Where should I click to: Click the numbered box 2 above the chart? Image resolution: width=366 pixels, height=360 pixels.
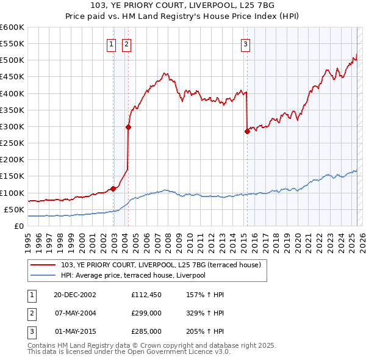126,43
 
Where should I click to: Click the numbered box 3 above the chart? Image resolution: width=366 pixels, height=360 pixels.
245,43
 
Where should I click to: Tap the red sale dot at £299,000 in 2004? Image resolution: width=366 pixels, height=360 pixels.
129,127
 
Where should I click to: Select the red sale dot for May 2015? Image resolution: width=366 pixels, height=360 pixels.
247,131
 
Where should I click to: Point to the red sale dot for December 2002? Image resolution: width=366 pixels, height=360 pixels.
113,189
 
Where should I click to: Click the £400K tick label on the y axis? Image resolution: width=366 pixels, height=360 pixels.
12,93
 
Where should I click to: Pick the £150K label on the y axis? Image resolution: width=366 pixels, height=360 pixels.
12,176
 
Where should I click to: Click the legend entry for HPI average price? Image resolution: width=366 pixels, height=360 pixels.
133,275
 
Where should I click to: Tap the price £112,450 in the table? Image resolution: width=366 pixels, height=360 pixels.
146,295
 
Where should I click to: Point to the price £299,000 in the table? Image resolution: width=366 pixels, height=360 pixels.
146,312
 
